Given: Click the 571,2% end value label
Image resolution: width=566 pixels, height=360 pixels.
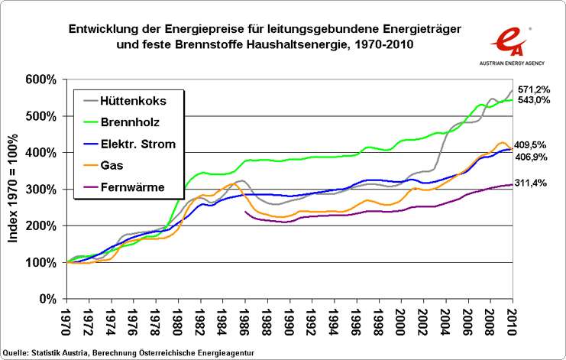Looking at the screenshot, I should coord(535,89).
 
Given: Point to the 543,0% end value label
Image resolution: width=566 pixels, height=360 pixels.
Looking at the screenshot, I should coord(535,100).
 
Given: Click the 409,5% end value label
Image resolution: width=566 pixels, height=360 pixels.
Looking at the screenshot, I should coord(535,144).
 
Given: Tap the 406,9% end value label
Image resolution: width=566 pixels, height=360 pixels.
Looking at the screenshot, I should coord(535,156).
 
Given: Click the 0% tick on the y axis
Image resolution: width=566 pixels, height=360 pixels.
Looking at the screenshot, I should coord(52,299).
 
